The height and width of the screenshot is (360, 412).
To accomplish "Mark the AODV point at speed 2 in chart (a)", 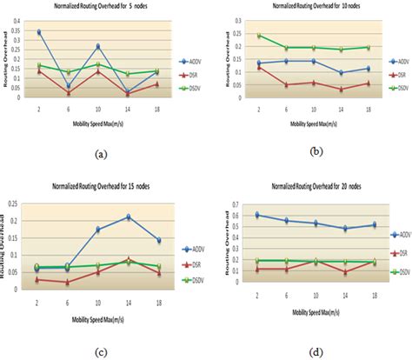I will (x=39, y=32).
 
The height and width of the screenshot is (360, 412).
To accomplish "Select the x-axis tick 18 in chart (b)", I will (x=369, y=109).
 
